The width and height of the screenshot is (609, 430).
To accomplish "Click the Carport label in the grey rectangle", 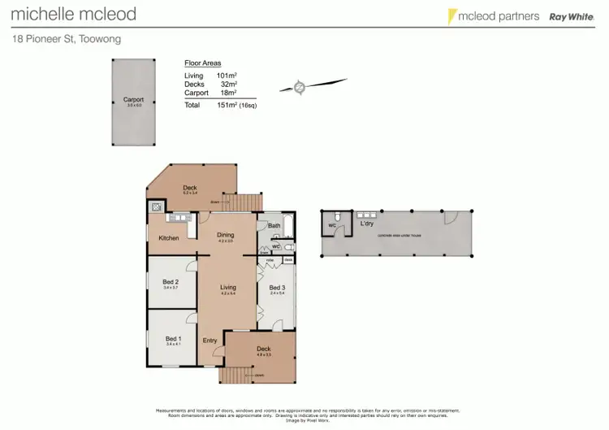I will (133, 100).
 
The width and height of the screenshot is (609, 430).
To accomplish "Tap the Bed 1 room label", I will (171, 339).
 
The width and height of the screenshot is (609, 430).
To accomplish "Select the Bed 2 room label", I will (171, 282).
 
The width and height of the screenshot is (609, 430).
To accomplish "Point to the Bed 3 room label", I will (277, 288).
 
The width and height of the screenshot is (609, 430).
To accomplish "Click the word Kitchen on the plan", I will (168, 238).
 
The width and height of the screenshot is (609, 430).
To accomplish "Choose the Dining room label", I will (225, 235).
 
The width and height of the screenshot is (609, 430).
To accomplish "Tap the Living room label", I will (227, 287).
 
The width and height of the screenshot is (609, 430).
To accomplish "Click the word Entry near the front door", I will (209, 340).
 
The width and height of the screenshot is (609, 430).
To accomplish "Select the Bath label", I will (274, 225).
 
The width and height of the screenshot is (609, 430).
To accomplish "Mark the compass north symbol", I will (300, 86).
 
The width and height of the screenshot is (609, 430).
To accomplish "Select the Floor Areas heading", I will (202, 63).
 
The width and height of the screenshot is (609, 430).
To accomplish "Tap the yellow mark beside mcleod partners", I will (451, 15).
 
